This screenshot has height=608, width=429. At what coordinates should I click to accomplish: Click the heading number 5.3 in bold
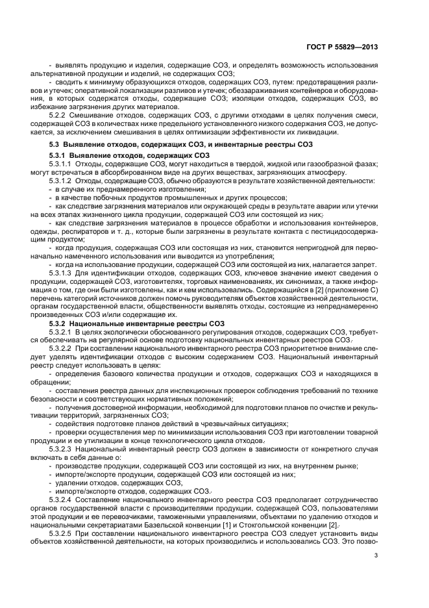coord(55,144)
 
